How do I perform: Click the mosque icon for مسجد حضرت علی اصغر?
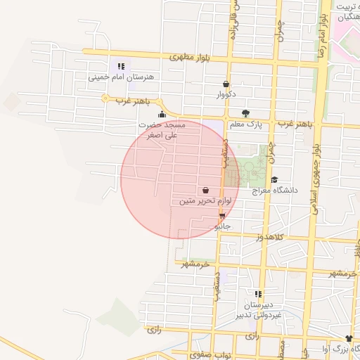point(162,114)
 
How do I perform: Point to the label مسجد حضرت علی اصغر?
point(162,129)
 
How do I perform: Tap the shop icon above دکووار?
point(226,84)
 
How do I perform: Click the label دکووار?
point(226,94)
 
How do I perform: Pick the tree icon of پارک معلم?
point(245,114)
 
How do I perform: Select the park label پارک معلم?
point(245,124)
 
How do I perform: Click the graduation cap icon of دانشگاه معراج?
point(274,180)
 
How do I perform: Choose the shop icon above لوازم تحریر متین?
point(205,191)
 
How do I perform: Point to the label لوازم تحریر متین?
point(205,201)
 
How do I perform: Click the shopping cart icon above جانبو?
point(222,217)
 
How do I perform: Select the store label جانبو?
point(222,226)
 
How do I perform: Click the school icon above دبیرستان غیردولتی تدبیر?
point(259,294)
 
